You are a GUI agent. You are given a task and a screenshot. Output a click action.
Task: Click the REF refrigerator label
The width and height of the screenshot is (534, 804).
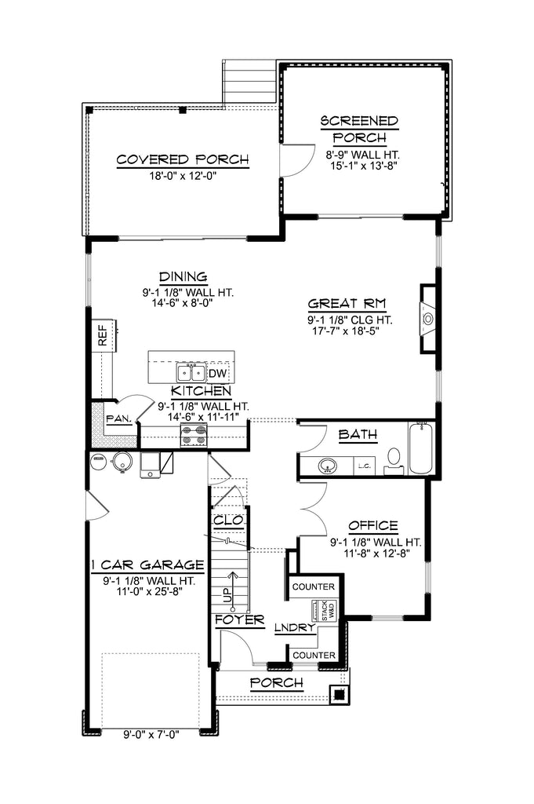click(x=103, y=334)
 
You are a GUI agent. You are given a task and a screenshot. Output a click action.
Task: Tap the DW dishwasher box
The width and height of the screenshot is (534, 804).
click(x=217, y=374)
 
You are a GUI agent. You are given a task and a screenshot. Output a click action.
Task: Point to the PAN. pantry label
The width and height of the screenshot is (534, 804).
click(x=118, y=419)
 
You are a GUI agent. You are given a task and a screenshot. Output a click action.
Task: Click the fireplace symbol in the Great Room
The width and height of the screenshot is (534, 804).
click(x=428, y=319)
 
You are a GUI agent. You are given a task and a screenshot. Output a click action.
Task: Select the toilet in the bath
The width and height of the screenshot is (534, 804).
click(x=394, y=459)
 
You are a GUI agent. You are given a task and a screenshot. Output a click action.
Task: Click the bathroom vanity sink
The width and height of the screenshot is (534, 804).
click(x=327, y=466)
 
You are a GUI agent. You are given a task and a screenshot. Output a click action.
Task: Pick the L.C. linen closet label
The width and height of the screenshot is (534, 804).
click(x=365, y=466)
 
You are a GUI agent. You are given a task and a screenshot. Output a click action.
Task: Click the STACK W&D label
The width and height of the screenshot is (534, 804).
click(x=329, y=611)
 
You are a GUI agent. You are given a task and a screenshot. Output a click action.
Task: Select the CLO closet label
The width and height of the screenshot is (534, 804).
click(x=228, y=521)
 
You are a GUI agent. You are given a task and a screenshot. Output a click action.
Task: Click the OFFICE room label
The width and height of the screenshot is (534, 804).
click(x=373, y=526)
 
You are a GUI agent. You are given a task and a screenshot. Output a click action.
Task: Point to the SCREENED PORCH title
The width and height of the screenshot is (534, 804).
click(x=359, y=130)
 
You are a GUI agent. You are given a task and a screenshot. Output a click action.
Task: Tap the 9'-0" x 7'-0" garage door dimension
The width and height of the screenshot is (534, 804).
click(x=151, y=735)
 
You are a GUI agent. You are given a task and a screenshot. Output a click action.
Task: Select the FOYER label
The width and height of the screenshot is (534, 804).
click(x=240, y=620)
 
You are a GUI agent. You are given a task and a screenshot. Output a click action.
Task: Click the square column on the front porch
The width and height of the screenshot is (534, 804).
click(x=339, y=695)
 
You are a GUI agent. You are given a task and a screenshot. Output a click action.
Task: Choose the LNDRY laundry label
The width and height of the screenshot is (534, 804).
click(x=294, y=628)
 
